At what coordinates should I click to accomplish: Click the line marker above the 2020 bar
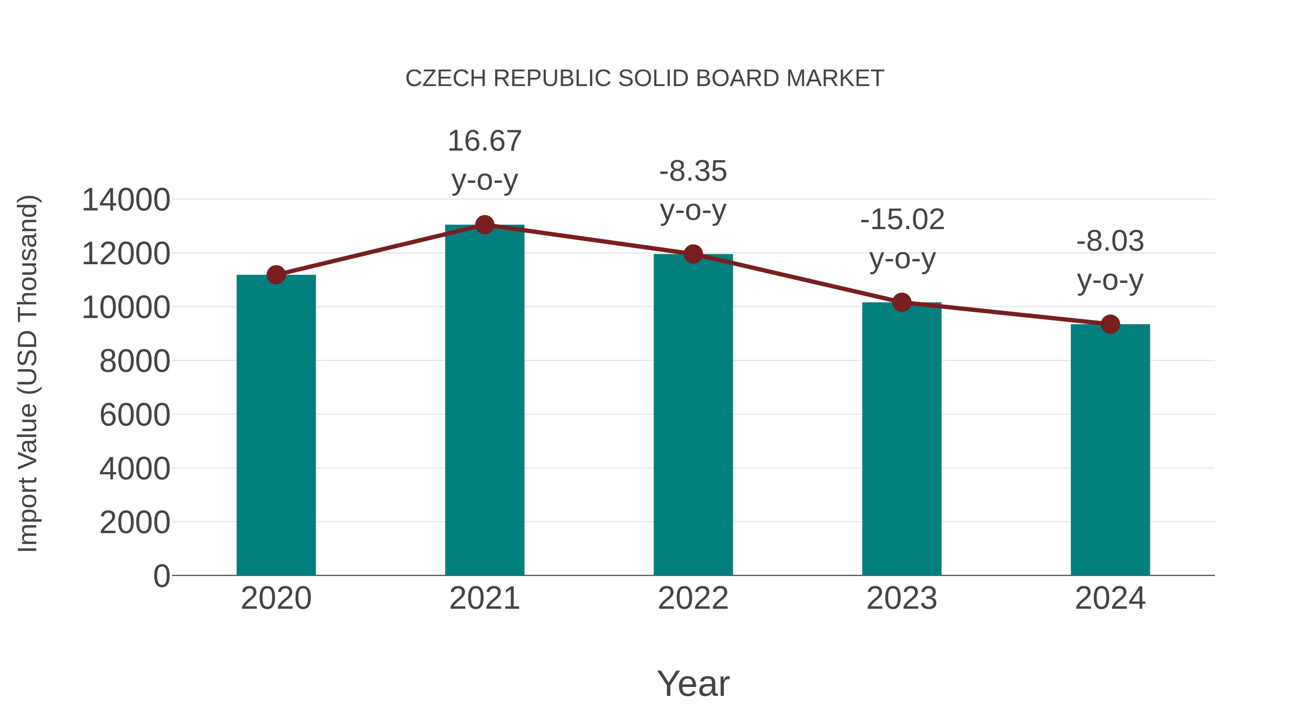(276, 275)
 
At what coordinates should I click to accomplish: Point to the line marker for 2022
(693, 254)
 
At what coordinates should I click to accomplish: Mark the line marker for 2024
(1110, 324)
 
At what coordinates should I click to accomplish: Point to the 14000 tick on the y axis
(126, 200)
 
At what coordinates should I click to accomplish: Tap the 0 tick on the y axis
(161, 576)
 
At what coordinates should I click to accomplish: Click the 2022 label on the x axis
(693, 598)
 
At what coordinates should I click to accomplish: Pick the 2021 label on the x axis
(484, 598)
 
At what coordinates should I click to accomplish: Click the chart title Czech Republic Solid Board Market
(645, 79)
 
